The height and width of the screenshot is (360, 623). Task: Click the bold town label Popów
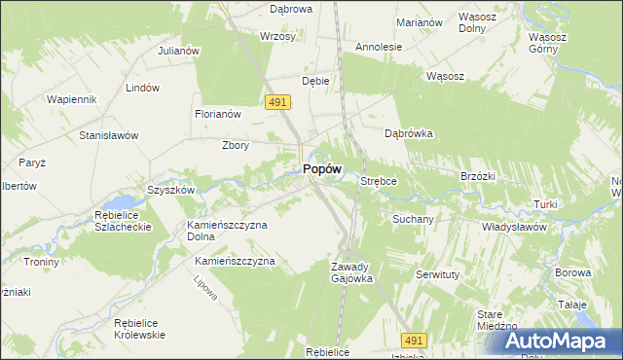321,168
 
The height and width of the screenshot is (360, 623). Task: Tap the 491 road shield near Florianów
275,101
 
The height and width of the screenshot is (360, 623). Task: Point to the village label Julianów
178,50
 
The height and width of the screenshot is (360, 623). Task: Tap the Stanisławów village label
109,135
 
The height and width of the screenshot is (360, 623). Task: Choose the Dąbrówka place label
408,134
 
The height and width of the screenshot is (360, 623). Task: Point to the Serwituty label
437,275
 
